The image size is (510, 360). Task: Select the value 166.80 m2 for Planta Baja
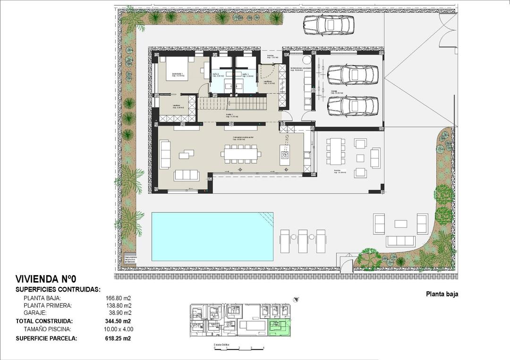(x=118, y=298)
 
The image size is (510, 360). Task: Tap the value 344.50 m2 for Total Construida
(x=118, y=321)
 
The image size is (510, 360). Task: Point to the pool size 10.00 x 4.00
(x=118, y=329)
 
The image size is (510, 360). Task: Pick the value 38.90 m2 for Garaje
(x=119, y=313)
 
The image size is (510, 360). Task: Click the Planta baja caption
(x=442, y=294)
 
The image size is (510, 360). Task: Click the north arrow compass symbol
(x=296, y=299)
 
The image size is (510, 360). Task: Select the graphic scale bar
(x=238, y=348)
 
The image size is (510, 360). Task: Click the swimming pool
(x=212, y=236)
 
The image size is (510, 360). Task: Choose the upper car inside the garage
(x=353, y=73)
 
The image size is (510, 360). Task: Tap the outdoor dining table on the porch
(x=335, y=151)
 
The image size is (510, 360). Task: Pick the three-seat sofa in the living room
(x=187, y=175)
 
